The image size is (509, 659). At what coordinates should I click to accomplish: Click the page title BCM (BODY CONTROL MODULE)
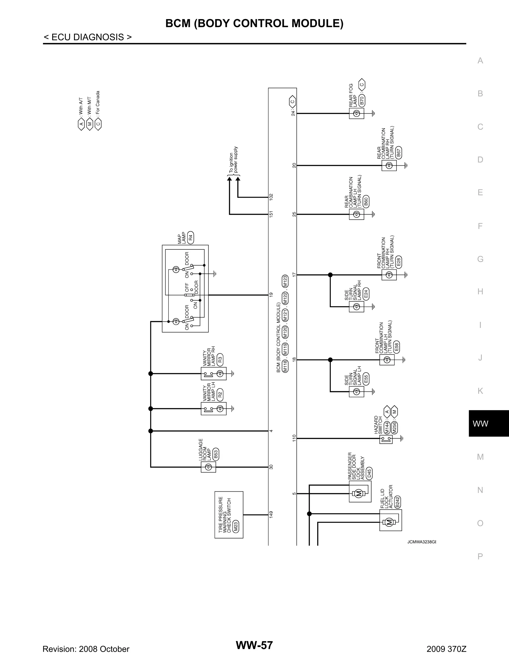(x=254, y=23)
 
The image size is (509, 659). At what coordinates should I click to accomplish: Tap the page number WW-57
(x=254, y=645)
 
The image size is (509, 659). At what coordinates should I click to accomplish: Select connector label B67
(x=399, y=153)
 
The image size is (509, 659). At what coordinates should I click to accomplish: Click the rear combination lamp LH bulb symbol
(x=356, y=215)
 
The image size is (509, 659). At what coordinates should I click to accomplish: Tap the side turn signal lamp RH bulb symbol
(x=356, y=307)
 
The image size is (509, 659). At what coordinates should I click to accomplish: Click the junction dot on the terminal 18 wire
(x=330, y=360)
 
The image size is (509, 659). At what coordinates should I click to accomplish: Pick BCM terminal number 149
(x=271, y=515)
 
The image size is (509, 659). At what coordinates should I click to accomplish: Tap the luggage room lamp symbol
(x=208, y=467)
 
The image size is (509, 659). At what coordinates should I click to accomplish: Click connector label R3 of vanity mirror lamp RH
(x=220, y=359)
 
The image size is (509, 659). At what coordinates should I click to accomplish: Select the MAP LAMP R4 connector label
(x=191, y=237)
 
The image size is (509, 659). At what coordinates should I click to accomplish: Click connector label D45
(x=369, y=473)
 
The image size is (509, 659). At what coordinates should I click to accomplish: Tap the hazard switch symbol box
(x=386, y=439)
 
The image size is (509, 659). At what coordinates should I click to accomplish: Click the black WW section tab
(x=488, y=423)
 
